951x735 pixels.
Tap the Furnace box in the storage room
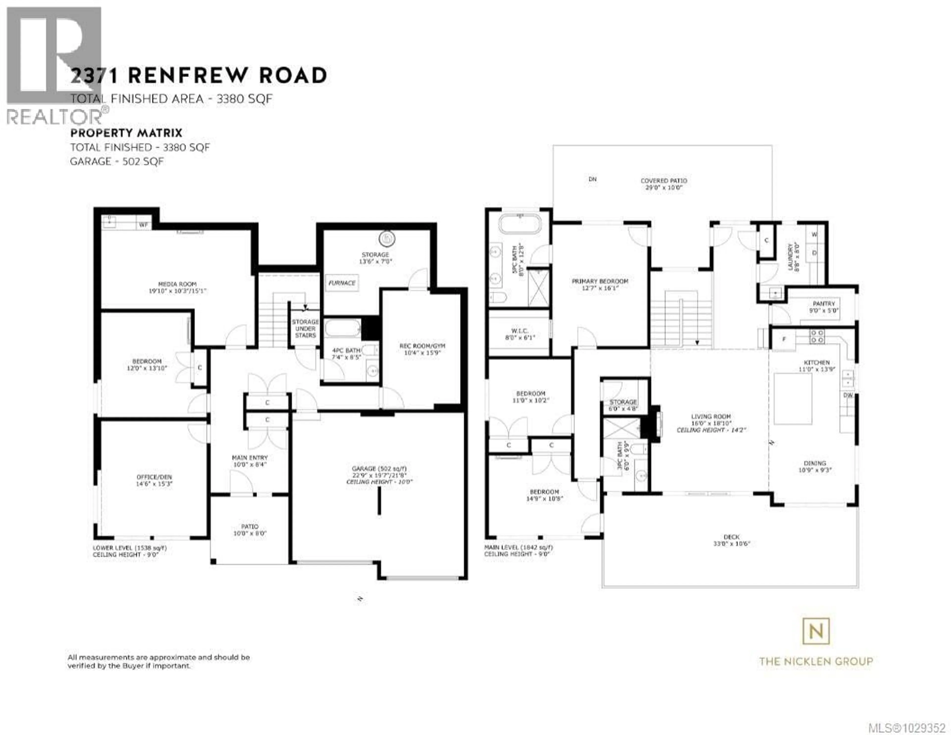click(x=342, y=283)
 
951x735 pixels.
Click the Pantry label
click(x=824, y=304)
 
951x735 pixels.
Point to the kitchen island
click(x=792, y=399)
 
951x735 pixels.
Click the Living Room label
click(x=711, y=416)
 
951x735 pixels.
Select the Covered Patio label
click(x=664, y=180)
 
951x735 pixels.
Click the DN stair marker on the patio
click(x=592, y=179)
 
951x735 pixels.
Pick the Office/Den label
click(x=154, y=477)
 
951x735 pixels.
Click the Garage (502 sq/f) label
click(x=379, y=469)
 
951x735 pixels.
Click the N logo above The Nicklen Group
click(x=816, y=631)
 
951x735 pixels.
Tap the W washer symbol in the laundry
click(x=814, y=234)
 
